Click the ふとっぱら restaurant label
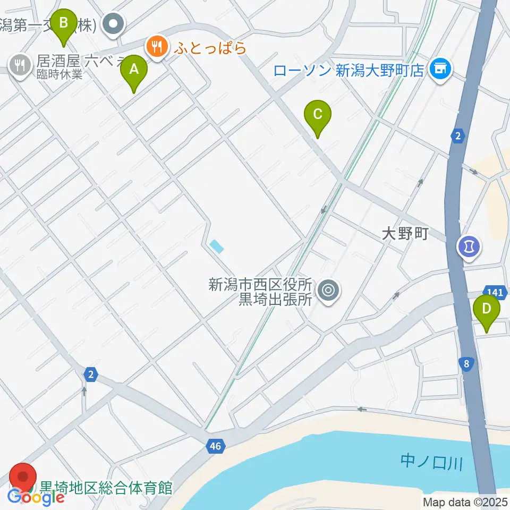(209, 48)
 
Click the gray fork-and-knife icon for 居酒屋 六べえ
(20, 65)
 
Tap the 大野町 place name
(405, 234)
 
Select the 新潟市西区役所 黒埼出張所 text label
(261, 292)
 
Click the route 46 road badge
(215, 446)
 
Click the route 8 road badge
(466, 364)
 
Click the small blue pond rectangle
(217, 245)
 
